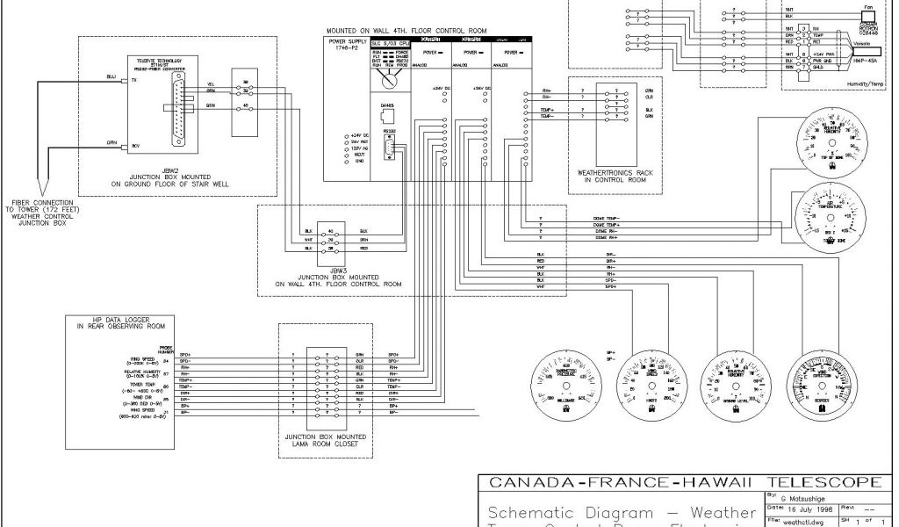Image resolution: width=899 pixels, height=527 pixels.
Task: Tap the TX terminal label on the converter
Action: (x=133, y=79)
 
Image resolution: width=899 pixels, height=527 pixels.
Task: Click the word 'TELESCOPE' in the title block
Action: (x=823, y=481)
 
